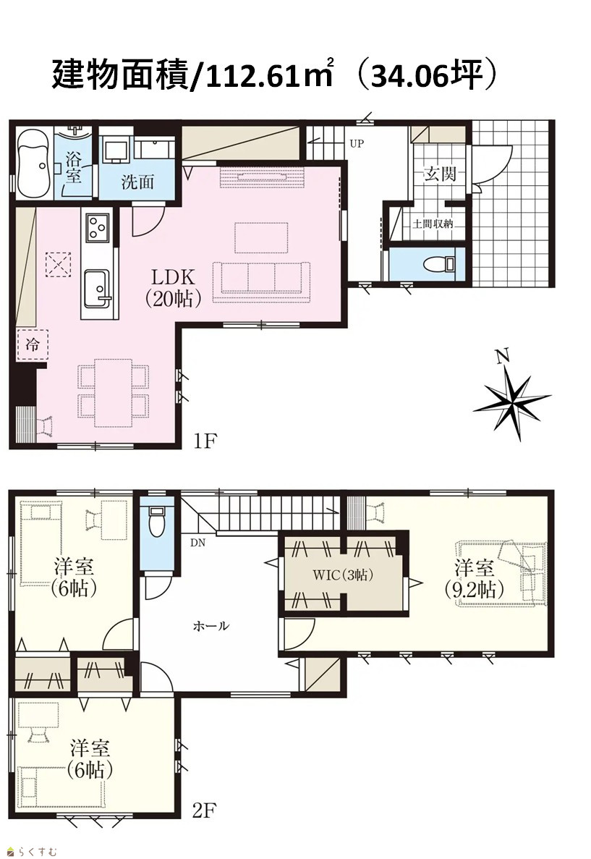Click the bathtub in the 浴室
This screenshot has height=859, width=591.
click(33, 163)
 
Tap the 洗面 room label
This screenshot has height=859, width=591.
click(137, 182)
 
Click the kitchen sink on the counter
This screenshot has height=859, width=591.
click(98, 289)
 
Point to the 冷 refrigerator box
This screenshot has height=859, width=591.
click(33, 345)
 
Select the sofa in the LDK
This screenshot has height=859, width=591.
click(261, 282)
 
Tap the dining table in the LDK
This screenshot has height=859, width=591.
click(114, 392)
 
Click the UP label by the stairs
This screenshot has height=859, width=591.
click(357, 143)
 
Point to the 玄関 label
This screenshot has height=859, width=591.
click(440, 174)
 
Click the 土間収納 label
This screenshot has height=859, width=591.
click(433, 224)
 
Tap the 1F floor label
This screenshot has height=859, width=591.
click(205, 441)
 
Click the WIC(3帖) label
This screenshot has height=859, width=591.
click(343, 575)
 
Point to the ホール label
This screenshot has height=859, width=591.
click(211, 626)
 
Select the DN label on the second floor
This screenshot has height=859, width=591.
click(197, 543)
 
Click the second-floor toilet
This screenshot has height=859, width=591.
click(157, 522)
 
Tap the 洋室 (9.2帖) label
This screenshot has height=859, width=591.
click(474, 578)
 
